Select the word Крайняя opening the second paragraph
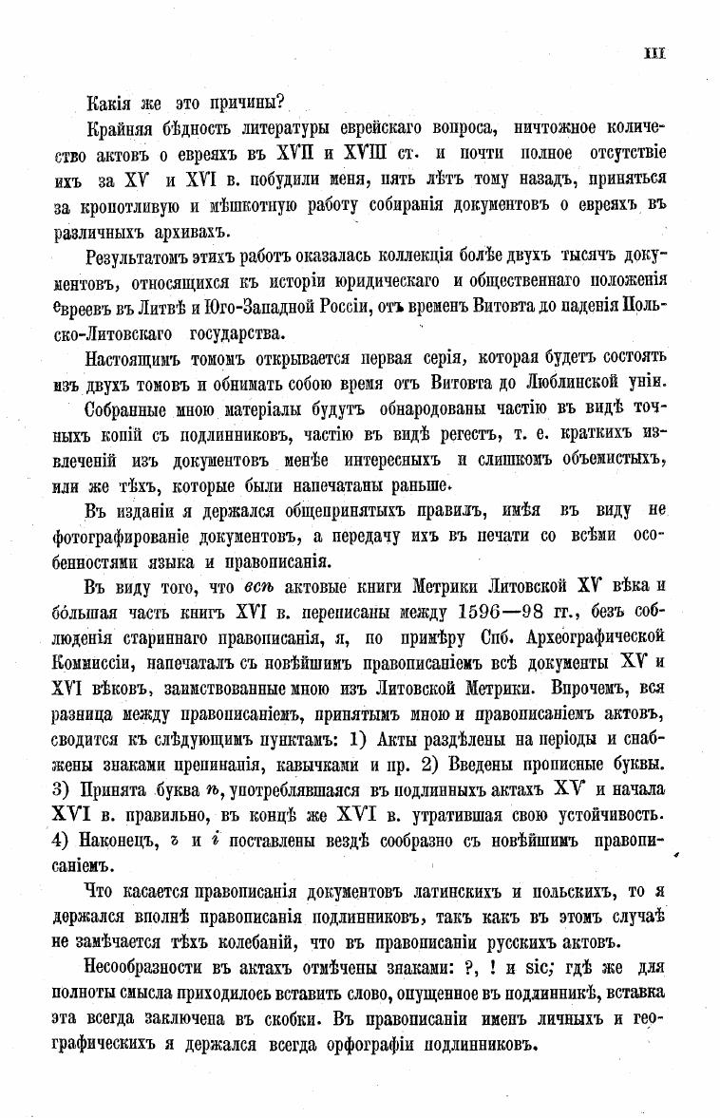[x=123, y=127]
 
